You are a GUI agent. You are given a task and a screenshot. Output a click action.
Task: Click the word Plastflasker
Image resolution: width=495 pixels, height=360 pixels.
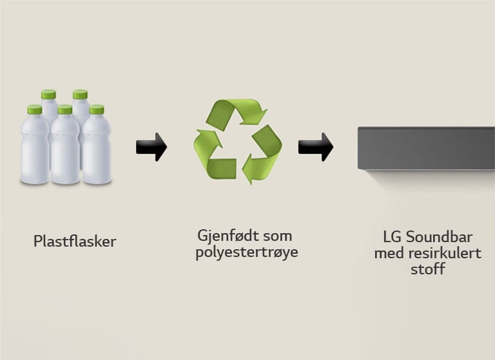[x=75, y=242]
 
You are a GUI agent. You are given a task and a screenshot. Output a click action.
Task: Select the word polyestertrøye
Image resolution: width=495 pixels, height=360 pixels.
[x=247, y=252]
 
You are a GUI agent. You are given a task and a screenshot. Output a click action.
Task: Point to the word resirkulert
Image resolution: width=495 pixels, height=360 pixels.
[x=445, y=253]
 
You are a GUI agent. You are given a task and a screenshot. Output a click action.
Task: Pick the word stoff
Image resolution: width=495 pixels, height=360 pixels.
[x=427, y=269]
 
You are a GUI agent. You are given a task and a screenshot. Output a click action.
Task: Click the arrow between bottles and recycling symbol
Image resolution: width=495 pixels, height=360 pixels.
[x=151, y=147]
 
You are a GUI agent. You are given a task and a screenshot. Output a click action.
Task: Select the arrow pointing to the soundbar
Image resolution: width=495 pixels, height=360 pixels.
[x=315, y=147]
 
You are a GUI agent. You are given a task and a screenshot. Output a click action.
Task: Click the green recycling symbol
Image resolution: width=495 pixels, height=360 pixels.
[x=237, y=140]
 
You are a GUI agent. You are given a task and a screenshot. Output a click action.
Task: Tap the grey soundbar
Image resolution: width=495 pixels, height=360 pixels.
[x=426, y=148]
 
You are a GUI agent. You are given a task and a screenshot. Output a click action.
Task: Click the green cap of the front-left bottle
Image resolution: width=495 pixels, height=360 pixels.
[x=34, y=110]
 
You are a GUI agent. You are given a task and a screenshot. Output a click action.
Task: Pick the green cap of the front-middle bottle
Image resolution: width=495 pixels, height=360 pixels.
[x=65, y=109]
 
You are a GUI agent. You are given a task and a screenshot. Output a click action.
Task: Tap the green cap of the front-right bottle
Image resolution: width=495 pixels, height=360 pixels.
[x=97, y=109]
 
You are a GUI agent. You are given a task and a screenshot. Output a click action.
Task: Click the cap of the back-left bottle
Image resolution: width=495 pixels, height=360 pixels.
[x=48, y=95]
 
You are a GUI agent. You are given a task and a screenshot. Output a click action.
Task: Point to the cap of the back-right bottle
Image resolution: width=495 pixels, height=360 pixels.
[x=80, y=95]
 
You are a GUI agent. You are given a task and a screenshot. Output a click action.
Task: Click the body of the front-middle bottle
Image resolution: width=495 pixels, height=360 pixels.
[x=65, y=151]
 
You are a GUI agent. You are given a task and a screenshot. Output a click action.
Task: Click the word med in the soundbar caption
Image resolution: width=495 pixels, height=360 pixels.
[x=389, y=253]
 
